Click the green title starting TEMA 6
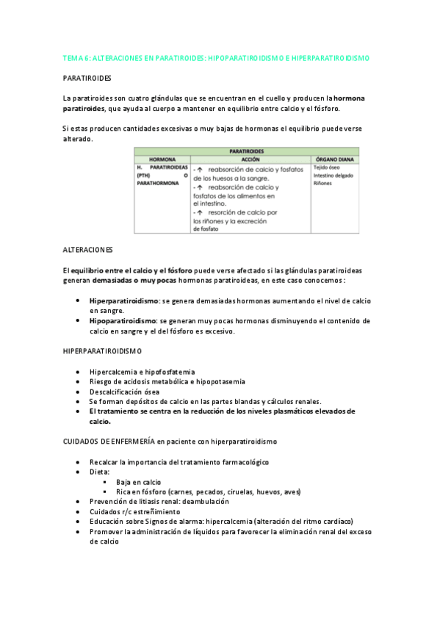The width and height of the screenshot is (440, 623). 216,57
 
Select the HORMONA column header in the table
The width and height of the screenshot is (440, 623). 162,159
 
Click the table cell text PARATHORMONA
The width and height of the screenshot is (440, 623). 158,183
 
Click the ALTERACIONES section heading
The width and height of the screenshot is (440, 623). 88,250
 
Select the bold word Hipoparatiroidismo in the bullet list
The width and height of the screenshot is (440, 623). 122,321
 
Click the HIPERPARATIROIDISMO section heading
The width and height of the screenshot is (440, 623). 103,352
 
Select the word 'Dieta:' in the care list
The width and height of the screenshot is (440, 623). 99,472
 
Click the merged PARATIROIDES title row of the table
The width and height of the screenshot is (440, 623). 246,151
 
